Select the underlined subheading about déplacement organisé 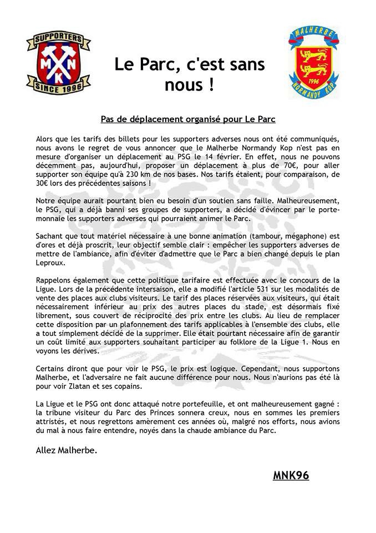tap(188, 119)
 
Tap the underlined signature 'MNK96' tap(291, 475)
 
